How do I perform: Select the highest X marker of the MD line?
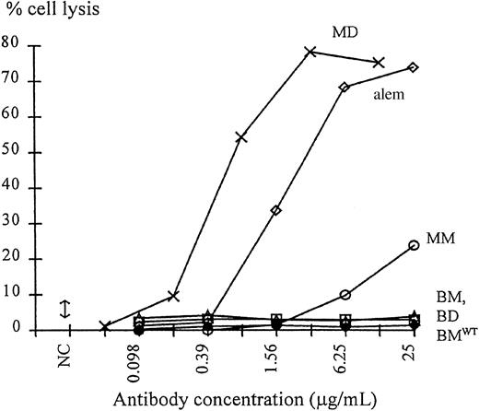[x=310, y=52]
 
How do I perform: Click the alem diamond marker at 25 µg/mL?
[x=414, y=67]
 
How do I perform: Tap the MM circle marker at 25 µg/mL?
[x=414, y=245]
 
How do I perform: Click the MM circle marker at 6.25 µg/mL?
[x=345, y=295]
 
